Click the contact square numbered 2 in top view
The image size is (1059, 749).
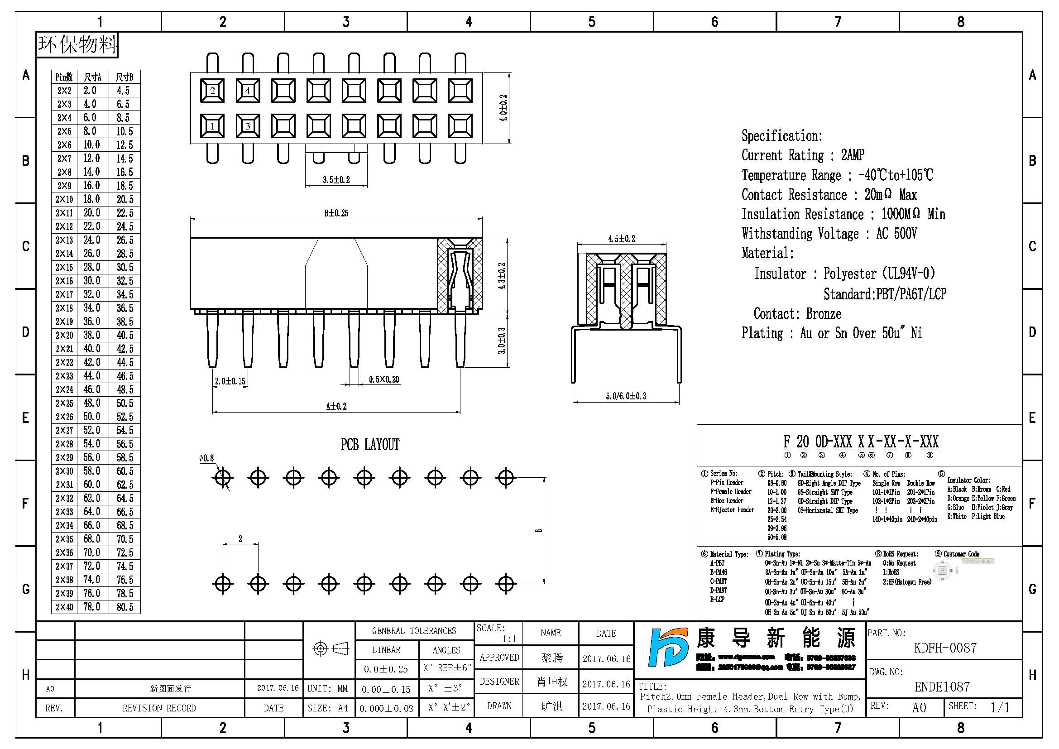(x=212, y=91)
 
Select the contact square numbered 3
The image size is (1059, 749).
(x=248, y=126)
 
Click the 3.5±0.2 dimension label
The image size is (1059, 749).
(x=336, y=180)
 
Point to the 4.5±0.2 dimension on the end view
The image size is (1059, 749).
(x=621, y=239)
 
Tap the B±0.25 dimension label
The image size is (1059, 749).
(x=336, y=213)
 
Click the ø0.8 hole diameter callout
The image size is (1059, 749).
(x=206, y=458)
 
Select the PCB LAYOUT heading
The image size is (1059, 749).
(x=370, y=445)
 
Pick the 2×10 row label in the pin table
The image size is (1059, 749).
(x=64, y=199)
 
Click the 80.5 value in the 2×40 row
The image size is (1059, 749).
(x=125, y=607)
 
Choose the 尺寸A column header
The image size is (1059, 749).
(x=92, y=77)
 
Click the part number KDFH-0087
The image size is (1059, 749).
(x=945, y=648)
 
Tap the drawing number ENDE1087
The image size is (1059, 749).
(x=942, y=687)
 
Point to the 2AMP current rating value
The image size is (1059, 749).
(x=853, y=155)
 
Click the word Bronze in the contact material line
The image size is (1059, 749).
(x=823, y=314)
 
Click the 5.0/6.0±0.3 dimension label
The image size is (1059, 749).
(x=625, y=396)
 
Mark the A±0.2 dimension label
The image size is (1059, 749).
(x=336, y=406)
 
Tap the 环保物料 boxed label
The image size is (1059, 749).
(x=77, y=45)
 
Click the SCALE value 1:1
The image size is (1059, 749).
(x=509, y=639)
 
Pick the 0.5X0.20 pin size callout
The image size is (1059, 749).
(x=384, y=379)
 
